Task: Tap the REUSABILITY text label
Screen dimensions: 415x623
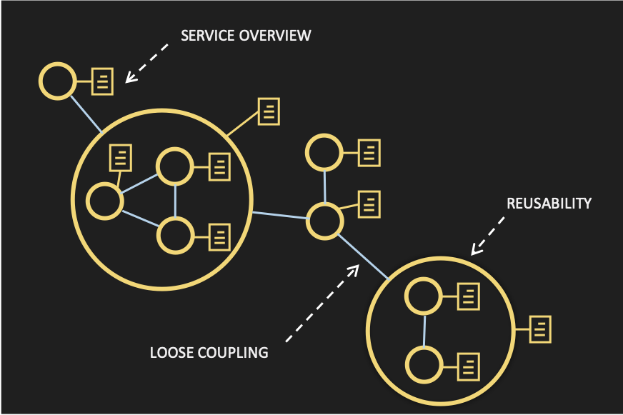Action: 549,203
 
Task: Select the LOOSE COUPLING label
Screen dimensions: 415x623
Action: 209,352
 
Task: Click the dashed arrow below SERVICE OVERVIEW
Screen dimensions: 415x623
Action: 147,63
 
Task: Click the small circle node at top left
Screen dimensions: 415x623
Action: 56,81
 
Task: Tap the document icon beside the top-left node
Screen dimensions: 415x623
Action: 103,81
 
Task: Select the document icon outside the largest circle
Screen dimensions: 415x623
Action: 269,111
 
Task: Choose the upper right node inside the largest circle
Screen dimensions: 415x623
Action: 175,166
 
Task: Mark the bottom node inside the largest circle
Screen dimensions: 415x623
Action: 175,235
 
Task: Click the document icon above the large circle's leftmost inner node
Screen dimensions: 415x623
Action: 121,156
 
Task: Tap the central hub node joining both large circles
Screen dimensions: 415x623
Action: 325,220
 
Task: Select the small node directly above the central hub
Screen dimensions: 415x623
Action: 324,152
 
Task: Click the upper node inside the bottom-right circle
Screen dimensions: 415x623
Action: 422,296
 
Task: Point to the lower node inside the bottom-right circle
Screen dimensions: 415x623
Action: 422,364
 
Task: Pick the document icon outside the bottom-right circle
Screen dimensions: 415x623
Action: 540,329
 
